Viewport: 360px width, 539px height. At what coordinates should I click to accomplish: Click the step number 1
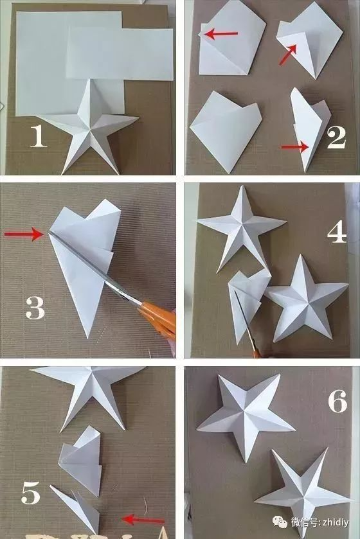click(x=38, y=136)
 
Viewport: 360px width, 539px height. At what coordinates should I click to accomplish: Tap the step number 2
click(x=336, y=137)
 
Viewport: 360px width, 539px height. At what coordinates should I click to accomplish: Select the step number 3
click(x=35, y=308)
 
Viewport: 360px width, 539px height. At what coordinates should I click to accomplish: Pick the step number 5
click(x=31, y=492)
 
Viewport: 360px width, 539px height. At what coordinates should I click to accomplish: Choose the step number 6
click(x=337, y=401)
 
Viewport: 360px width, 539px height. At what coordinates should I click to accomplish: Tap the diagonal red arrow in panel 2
click(x=288, y=55)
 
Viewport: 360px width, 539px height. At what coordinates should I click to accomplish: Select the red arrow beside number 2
click(x=295, y=147)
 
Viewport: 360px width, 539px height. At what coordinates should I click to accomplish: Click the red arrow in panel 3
click(x=24, y=234)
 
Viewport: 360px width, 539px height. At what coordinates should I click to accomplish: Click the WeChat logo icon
click(x=280, y=522)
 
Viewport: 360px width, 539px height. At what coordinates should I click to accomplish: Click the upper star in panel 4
click(x=241, y=227)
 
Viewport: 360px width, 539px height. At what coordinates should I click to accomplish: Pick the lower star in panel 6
click(x=303, y=491)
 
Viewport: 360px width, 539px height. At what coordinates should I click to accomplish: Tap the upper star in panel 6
click(x=246, y=414)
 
